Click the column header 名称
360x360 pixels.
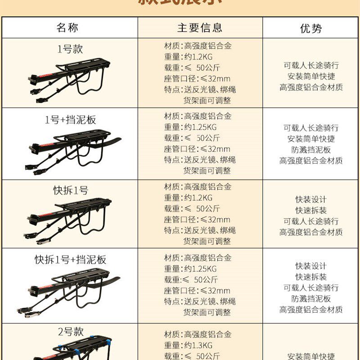click(x=67, y=27)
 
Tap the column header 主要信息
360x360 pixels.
click(x=200, y=27)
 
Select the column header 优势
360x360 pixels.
click(x=311, y=28)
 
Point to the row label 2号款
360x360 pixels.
click(x=71, y=332)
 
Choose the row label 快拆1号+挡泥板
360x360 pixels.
click(x=70, y=260)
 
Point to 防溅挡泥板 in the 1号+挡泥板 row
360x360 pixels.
click(x=310, y=150)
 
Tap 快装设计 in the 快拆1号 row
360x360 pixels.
click(x=311, y=199)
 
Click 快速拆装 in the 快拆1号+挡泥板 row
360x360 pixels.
click(x=311, y=277)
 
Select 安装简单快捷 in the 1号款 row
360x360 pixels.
click(x=311, y=76)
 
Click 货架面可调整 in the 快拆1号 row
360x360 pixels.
click(x=207, y=241)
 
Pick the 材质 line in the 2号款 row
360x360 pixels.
click(x=198, y=334)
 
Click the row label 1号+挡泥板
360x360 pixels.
click(x=70, y=120)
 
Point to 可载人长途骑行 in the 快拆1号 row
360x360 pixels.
click(x=311, y=221)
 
